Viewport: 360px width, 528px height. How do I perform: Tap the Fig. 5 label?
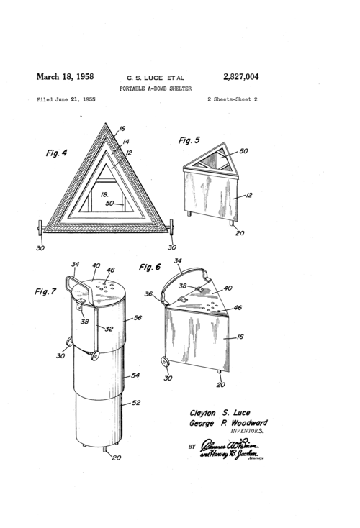(x=189, y=140)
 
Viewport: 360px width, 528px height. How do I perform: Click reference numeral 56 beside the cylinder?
(x=137, y=317)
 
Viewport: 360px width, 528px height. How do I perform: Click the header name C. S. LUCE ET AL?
(x=155, y=76)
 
